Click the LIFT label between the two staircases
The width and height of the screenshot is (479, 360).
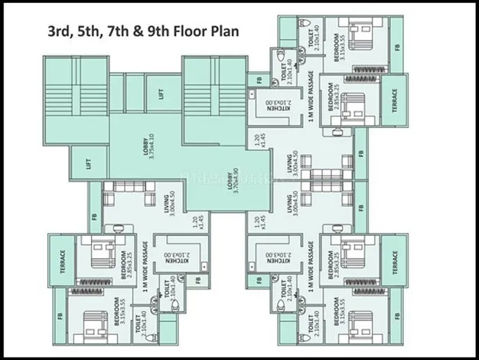[161, 93]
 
